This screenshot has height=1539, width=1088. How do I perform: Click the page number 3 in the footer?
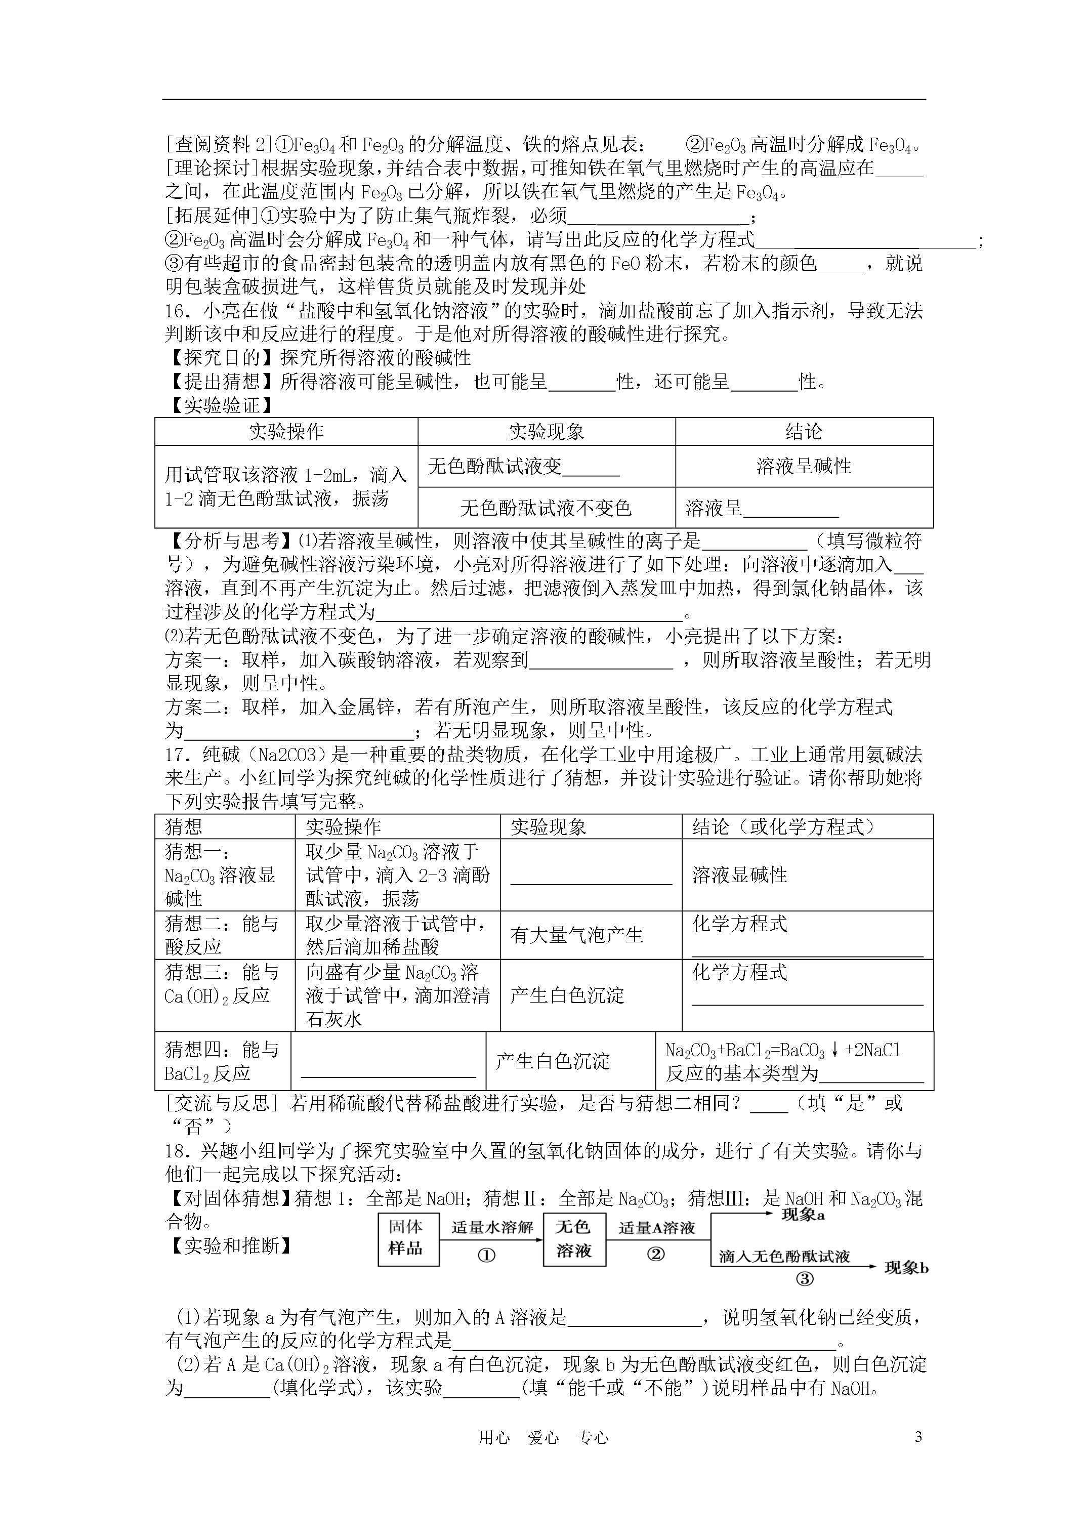(918, 1436)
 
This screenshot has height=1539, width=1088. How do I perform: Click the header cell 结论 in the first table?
(804, 432)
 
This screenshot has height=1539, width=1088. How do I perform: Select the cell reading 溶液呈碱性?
(804, 466)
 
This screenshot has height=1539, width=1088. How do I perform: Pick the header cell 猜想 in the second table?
(184, 826)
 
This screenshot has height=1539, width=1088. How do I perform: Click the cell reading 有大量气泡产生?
(576, 935)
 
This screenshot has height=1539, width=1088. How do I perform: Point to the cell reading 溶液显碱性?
(739, 875)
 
